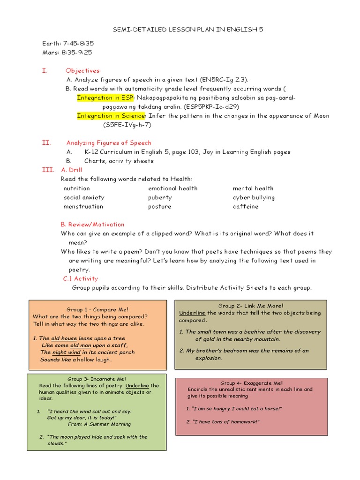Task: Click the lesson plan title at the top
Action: pyautogui.click(x=188, y=30)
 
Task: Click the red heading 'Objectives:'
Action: pyautogui.click(x=83, y=70)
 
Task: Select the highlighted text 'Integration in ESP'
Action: pyautogui.click(x=105, y=97)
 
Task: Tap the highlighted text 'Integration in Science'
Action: pyautogui.click(x=112, y=116)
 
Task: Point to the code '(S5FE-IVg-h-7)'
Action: pyautogui.click(x=127, y=125)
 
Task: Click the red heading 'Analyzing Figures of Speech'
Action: pyautogui.click(x=109, y=143)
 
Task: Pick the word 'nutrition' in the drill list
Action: pyautogui.click(x=76, y=188)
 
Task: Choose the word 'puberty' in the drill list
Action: pyautogui.click(x=160, y=197)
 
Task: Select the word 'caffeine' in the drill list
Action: pyautogui.click(x=245, y=207)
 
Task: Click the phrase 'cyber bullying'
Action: pyautogui.click(x=254, y=197)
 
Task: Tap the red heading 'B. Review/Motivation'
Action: pyautogui.click(x=92, y=225)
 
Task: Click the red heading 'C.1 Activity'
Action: pyautogui.click(x=81, y=279)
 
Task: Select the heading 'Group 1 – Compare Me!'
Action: pyautogui.click(x=97, y=310)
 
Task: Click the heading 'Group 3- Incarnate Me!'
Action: pyautogui.click(x=97, y=379)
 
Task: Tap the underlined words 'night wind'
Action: pyautogui.click(x=67, y=352)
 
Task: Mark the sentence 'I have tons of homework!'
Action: pyautogui.click(x=223, y=422)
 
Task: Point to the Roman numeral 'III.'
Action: pyautogui.click(x=48, y=170)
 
